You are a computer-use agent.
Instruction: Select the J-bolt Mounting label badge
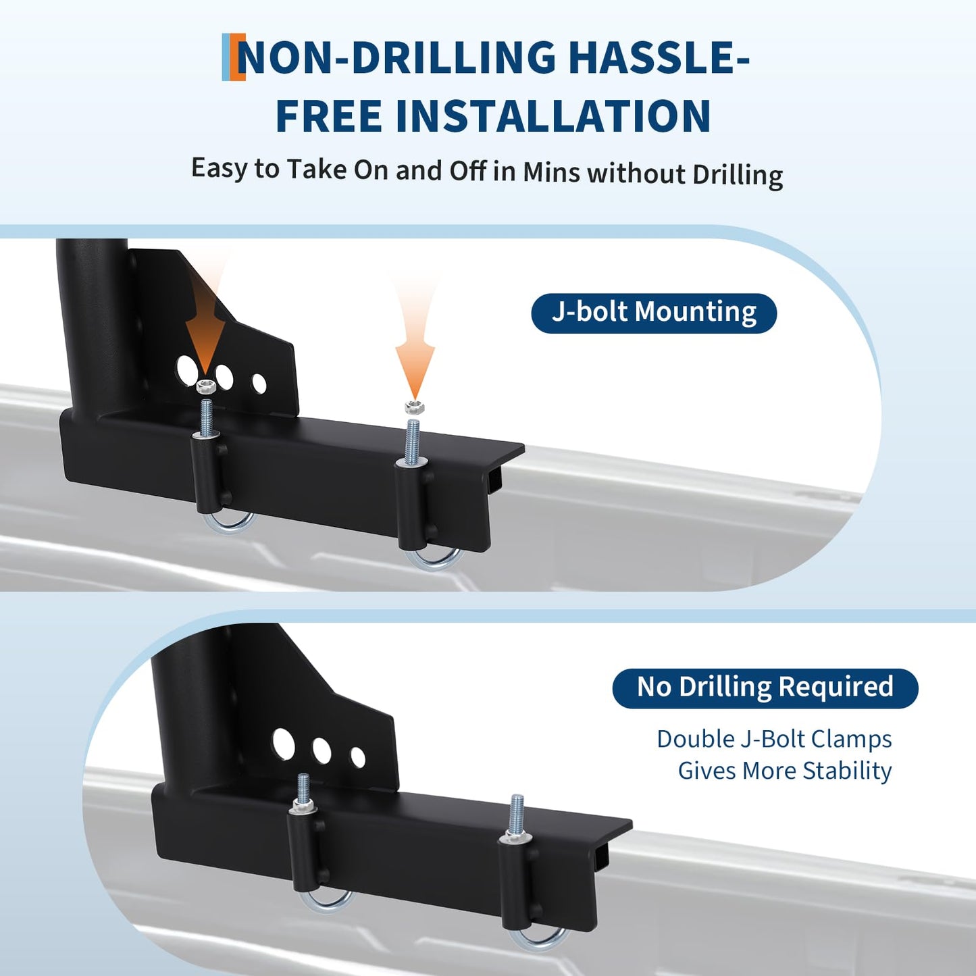click(x=653, y=313)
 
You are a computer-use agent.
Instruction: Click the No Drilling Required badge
click(x=765, y=688)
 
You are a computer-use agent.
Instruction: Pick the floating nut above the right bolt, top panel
click(x=415, y=407)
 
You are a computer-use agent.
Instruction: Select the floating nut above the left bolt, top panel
click(x=205, y=386)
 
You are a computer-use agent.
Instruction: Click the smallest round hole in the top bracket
click(x=259, y=384)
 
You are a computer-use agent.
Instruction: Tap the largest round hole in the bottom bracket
click(x=284, y=744)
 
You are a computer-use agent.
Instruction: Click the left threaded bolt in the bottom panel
click(x=303, y=789)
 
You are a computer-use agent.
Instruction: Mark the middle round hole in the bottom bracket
click(x=322, y=750)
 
